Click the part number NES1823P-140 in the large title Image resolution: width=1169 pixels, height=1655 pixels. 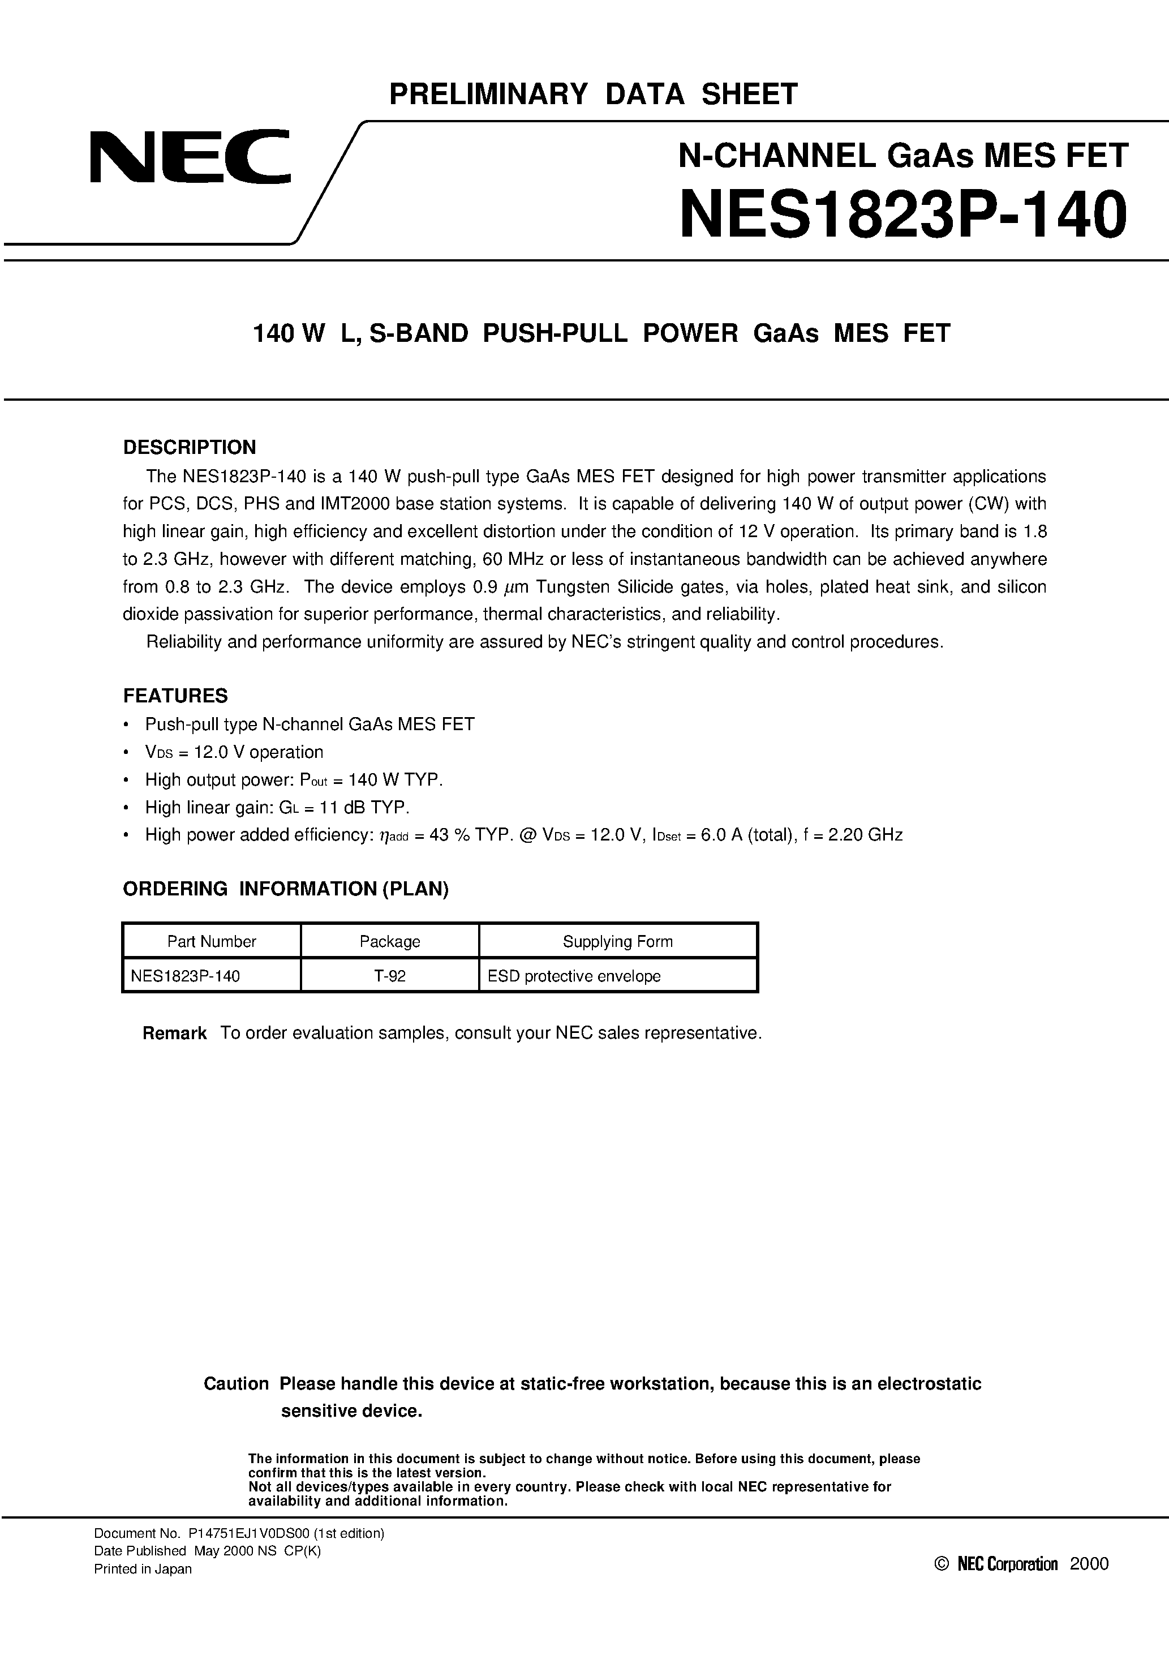[903, 215]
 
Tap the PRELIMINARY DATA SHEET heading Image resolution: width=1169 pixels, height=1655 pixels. [593, 95]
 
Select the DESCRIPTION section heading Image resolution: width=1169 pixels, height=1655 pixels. [190, 448]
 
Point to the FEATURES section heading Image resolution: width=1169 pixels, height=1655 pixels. [175, 696]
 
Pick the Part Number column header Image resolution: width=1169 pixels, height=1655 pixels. [211, 941]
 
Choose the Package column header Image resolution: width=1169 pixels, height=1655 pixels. [389, 941]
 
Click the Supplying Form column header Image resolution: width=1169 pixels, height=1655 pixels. [618, 941]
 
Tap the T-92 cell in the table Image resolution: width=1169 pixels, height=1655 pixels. [389, 976]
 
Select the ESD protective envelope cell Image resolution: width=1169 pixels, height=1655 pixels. [574, 976]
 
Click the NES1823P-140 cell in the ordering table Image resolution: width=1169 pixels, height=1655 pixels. [185, 976]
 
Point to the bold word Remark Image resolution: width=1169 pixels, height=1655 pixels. [174, 1034]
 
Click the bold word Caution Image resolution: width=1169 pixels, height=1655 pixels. [236, 1384]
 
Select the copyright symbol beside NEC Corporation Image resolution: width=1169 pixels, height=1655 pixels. [940, 1563]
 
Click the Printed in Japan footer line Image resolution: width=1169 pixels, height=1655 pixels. [143, 1569]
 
